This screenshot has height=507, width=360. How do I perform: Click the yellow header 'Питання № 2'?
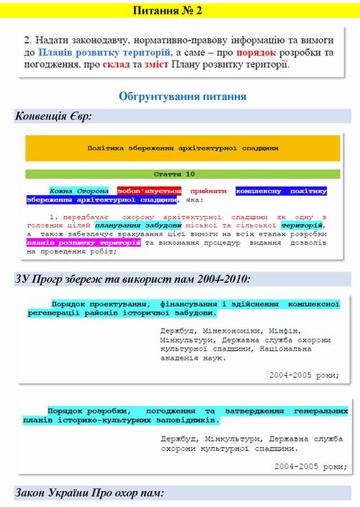(x=179, y=11)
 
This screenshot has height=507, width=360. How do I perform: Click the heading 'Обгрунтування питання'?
(x=183, y=95)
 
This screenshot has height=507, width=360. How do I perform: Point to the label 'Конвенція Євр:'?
(x=53, y=116)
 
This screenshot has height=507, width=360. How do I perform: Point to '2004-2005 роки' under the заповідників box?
(x=307, y=466)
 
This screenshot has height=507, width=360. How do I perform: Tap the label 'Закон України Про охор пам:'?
(x=90, y=493)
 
